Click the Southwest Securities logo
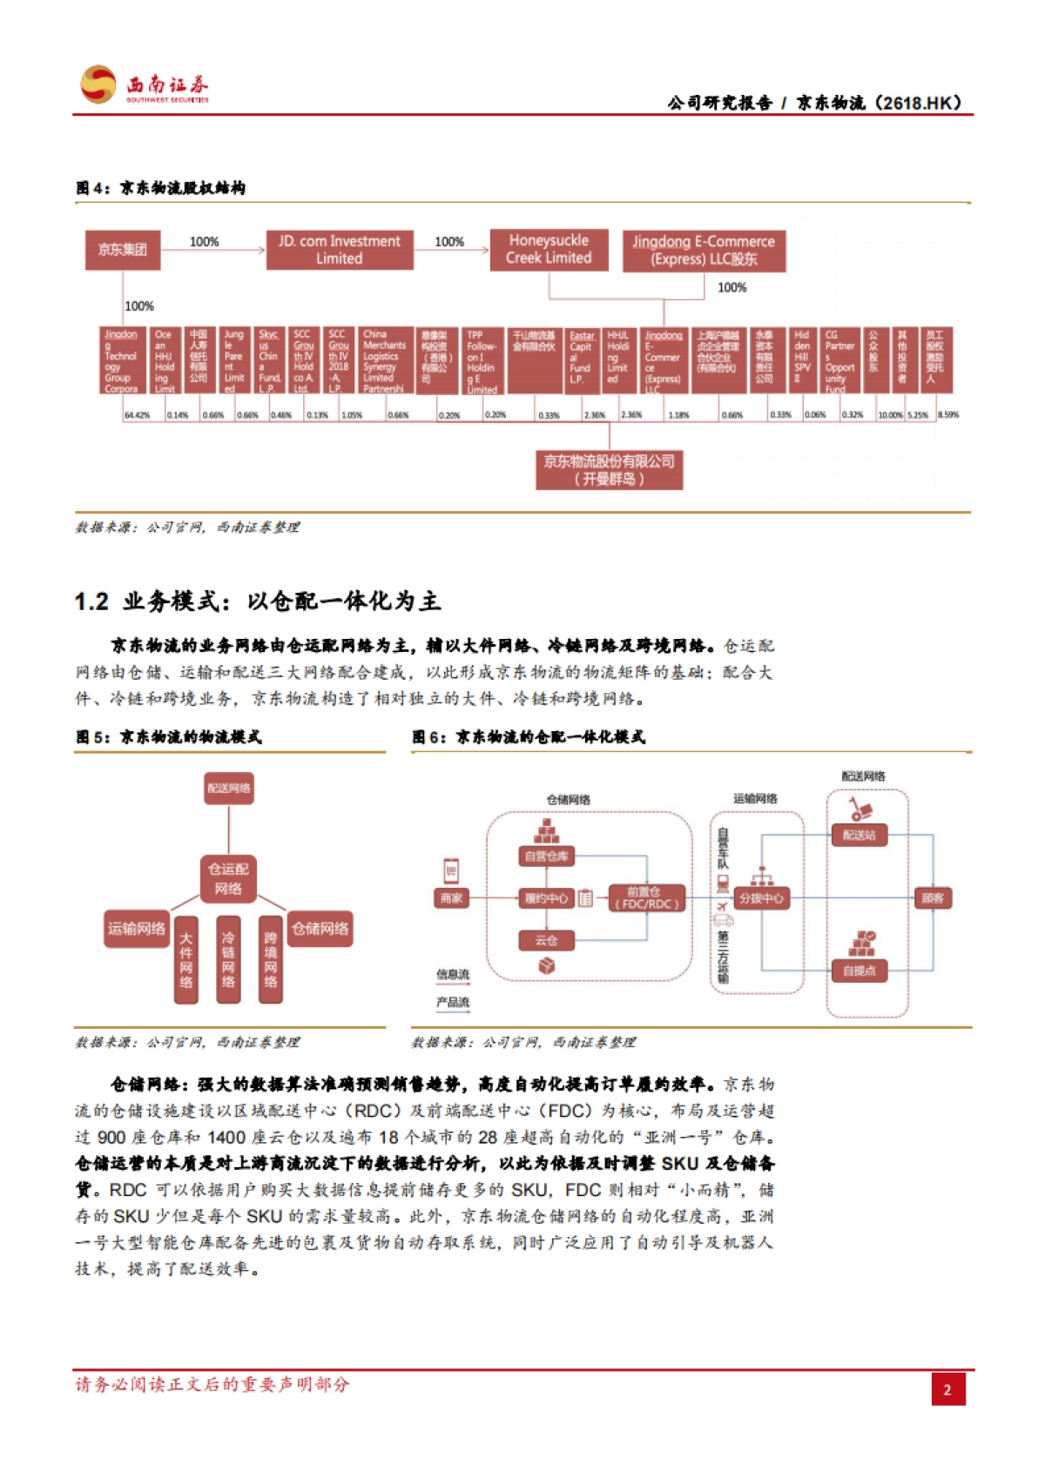[x=145, y=85]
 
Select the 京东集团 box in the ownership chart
[x=122, y=250]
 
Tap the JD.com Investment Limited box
[x=339, y=250]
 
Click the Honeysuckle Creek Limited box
[x=549, y=249]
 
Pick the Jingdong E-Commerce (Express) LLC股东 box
[x=704, y=250]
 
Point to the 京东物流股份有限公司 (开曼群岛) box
[x=609, y=470]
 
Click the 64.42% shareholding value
[x=137, y=415]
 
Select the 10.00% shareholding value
[x=890, y=415]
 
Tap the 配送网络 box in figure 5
[x=228, y=789]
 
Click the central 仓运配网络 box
[x=228, y=878]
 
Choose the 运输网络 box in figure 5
[x=137, y=929]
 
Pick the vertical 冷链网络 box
[x=228, y=959]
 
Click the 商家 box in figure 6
[x=451, y=897]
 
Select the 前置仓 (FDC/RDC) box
[x=645, y=897]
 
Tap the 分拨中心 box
[x=761, y=897]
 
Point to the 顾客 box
[x=933, y=897]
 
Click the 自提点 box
[x=860, y=971]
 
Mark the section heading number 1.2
[x=91, y=601]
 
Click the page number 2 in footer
[x=947, y=1389]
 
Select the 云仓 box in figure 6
[x=546, y=940]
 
